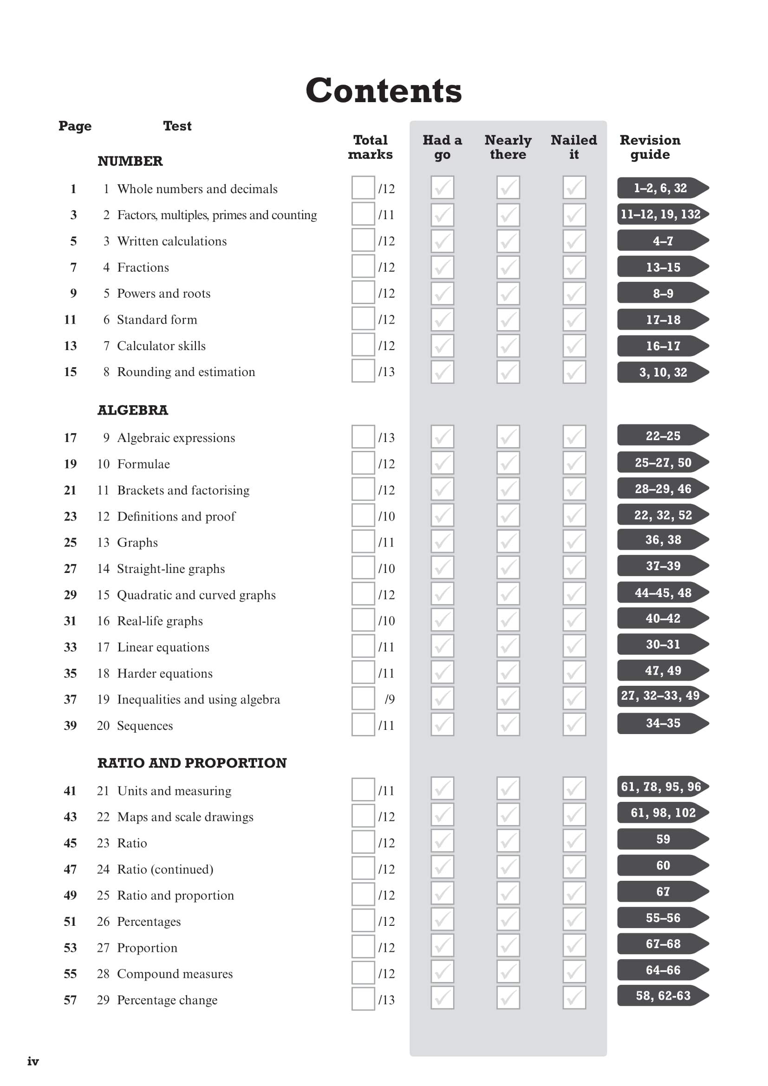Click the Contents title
click(384, 91)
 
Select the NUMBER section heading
click(130, 161)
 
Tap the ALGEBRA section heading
click(132, 410)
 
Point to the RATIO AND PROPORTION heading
click(192, 763)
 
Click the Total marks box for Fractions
click(363, 267)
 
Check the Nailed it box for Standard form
click(573, 319)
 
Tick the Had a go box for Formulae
click(442, 463)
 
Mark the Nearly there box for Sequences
click(508, 725)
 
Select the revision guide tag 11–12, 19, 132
click(661, 214)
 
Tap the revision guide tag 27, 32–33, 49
click(661, 696)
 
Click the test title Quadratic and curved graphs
click(196, 595)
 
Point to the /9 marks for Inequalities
click(389, 699)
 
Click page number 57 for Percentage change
click(70, 1000)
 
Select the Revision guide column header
click(650, 147)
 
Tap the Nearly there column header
click(508, 147)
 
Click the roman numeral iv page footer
click(33, 1061)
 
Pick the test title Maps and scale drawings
click(185, 817)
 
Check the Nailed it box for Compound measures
click(573, 974)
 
